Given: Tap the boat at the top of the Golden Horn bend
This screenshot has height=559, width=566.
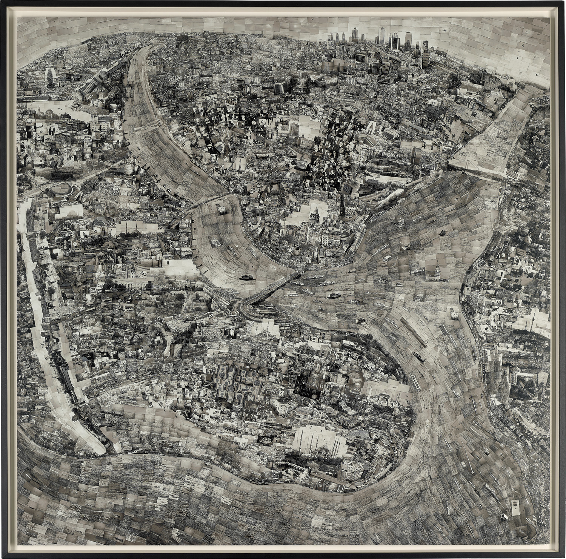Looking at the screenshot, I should click(x=221, y=209).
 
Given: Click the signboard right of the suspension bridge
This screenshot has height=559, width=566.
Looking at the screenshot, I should click(x=511, y=174).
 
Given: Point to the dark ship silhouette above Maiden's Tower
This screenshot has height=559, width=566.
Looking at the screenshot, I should click(x=441, y=233).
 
